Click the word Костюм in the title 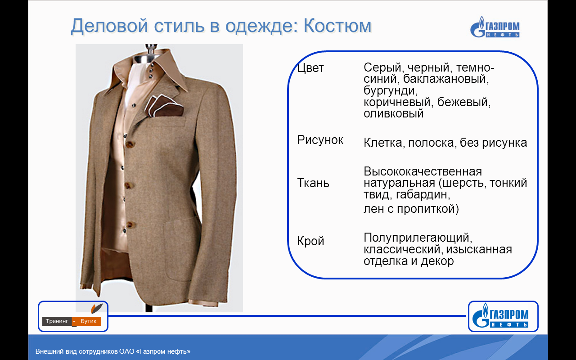(337, 26)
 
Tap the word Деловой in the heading (109, 27)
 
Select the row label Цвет (310, 68)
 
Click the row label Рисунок (320, 140)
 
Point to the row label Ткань (313, 183)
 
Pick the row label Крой (310, 241)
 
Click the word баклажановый (446, 79)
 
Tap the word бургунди (391, 91)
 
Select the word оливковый (393, 113)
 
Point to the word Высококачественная (423, 171)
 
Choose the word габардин (423, 195)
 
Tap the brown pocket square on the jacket (165, 107)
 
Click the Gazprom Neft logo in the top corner (495, 27)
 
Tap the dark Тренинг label (57, 321)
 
